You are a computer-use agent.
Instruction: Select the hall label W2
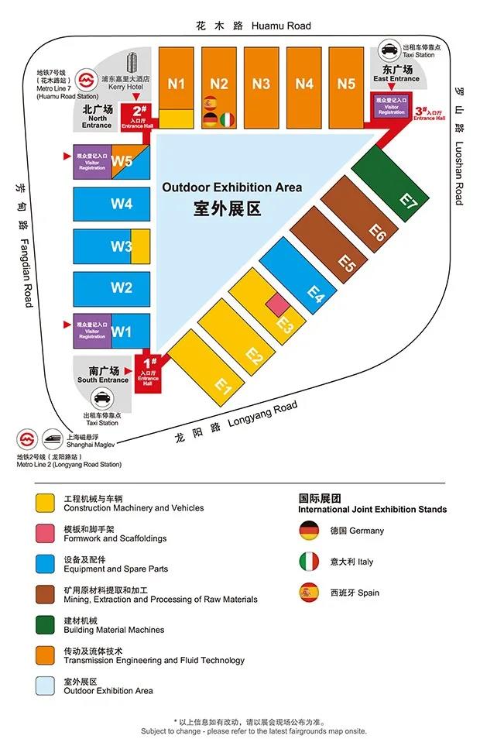pos(122,287)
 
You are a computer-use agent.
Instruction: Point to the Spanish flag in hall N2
pos(209,103)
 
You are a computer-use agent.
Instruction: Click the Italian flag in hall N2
pos(227,119)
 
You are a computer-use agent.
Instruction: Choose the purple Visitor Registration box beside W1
pos(91,332)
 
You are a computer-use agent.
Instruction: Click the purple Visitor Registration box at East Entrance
pos(391,107)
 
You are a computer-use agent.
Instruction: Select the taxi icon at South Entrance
pos(101,400)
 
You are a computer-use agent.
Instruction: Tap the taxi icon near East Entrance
pos(389,51)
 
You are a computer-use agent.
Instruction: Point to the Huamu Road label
pos(254,26)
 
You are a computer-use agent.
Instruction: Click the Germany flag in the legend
pos(309,531)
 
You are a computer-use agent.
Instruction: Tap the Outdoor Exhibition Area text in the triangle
pos(231,187)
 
